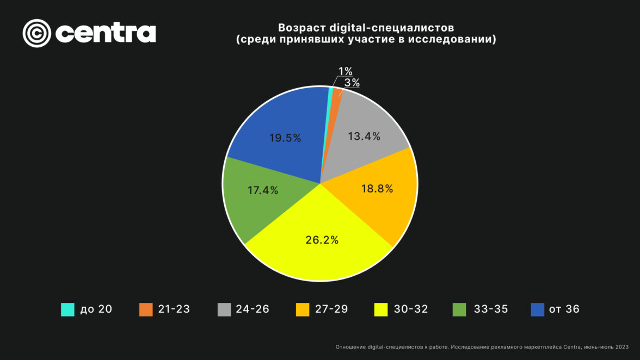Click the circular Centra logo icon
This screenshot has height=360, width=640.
pyautogui.click(x=36, y=33)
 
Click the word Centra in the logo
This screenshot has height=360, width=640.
pyautogui.click(x=106, y=33)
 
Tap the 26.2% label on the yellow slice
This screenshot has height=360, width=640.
pyautogui.click(x=322, y=240)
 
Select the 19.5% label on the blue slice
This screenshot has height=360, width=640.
pyautogui.click(x=285, y=138)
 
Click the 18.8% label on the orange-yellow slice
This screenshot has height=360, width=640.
pyautogui.click(x=377, y=189)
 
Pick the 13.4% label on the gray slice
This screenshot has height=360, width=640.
pyautogui.click(x=364, y=136)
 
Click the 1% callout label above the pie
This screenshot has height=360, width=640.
pyautogui.click(x=345, y=71)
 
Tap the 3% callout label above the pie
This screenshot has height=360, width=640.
pyautogui.click(x=352, y=83)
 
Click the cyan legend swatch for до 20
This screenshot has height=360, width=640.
pyautogui.click(x=67, y=309)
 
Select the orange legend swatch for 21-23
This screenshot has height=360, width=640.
pyautogui.click(x=146, y=309)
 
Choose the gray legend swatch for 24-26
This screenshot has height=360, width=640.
pyautogui.click(x=224, y=309)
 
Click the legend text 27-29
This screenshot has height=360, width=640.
pyautogui.click(x=331, y=309)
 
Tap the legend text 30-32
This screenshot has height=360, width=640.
pyautogui.click(x=411, y=309)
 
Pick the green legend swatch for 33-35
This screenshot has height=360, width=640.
pyautogui.click(x=459, y=309)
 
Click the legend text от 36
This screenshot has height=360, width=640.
pyautogui.click(x=564, y=309)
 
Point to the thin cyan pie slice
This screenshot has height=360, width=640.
pyautogui.click(x=330, y=95)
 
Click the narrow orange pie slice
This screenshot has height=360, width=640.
pyautogui.click(x=336, y=97)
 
